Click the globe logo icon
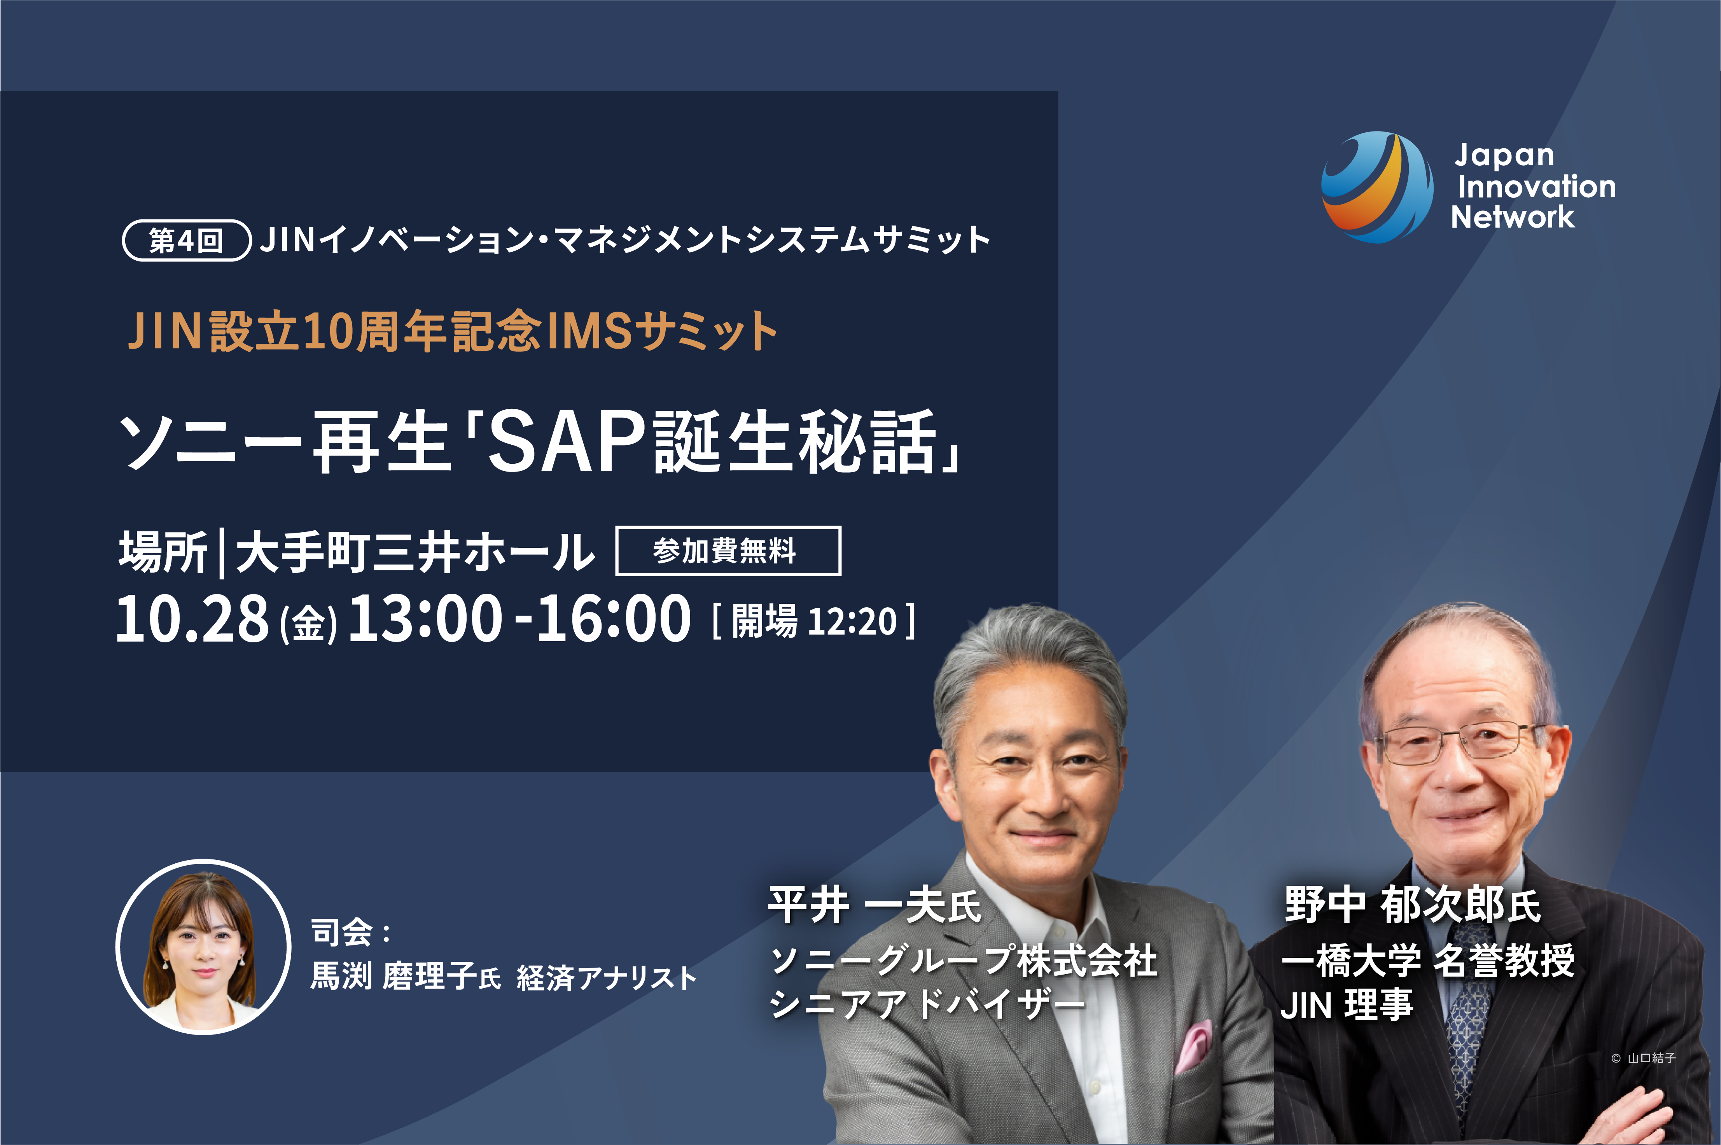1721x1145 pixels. coord(1376,187)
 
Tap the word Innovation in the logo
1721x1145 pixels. coord(1536,186)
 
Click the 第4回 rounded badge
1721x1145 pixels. coord(187,240)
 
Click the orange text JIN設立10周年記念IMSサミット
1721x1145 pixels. coord(453,331)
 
